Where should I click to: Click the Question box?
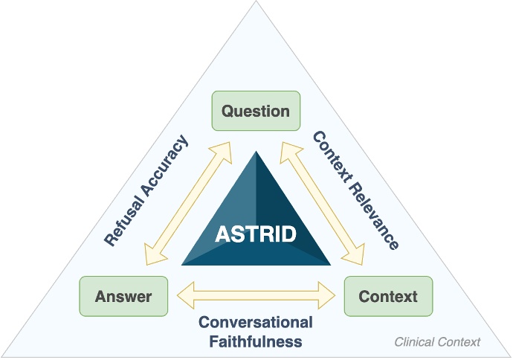[x=256, y=112]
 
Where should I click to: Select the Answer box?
[x=123, y=297]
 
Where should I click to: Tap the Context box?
[x=388, y=297]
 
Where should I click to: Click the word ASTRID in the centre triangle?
[x=256, y=234]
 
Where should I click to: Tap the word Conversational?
[x=255, y=323]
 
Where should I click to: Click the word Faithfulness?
[x=255, y=341]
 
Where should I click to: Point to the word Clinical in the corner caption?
[x=414, y=342]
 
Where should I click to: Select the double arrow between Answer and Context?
[x=256, y=295]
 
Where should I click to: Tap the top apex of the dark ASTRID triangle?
[x=256, y=152]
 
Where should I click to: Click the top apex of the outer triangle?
[x=256, y=2]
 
